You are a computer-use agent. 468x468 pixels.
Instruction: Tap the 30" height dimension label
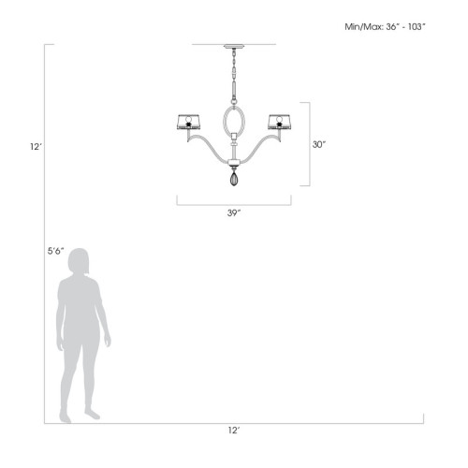click(x=318, y=145)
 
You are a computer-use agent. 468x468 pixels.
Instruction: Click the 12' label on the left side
click(x=34, y=145)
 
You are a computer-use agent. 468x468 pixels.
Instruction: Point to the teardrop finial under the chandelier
click(x=234, y=178)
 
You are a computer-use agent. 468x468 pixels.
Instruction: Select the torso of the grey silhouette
click(x=79, y=309)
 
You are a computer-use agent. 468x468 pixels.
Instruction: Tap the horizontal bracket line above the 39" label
click(x=234, y=203)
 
